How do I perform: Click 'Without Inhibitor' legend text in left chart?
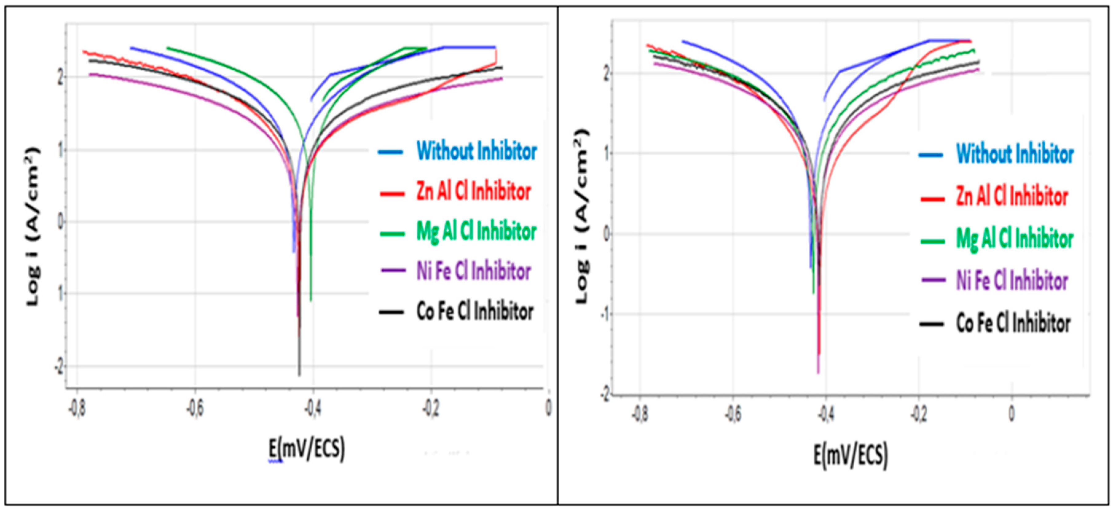476,151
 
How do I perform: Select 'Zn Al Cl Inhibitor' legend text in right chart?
1012,197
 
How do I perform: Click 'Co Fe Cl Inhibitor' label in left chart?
474,311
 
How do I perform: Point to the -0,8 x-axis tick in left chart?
77,409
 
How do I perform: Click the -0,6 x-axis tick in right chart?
733,414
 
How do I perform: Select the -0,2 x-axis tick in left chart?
431,409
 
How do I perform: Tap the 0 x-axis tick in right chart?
1012,414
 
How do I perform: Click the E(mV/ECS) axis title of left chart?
307,449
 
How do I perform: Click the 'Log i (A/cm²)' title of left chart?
33,226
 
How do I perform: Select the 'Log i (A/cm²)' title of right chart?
582,216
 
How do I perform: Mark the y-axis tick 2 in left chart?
61,77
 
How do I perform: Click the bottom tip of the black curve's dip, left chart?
299,375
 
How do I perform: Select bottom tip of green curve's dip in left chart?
311,300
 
